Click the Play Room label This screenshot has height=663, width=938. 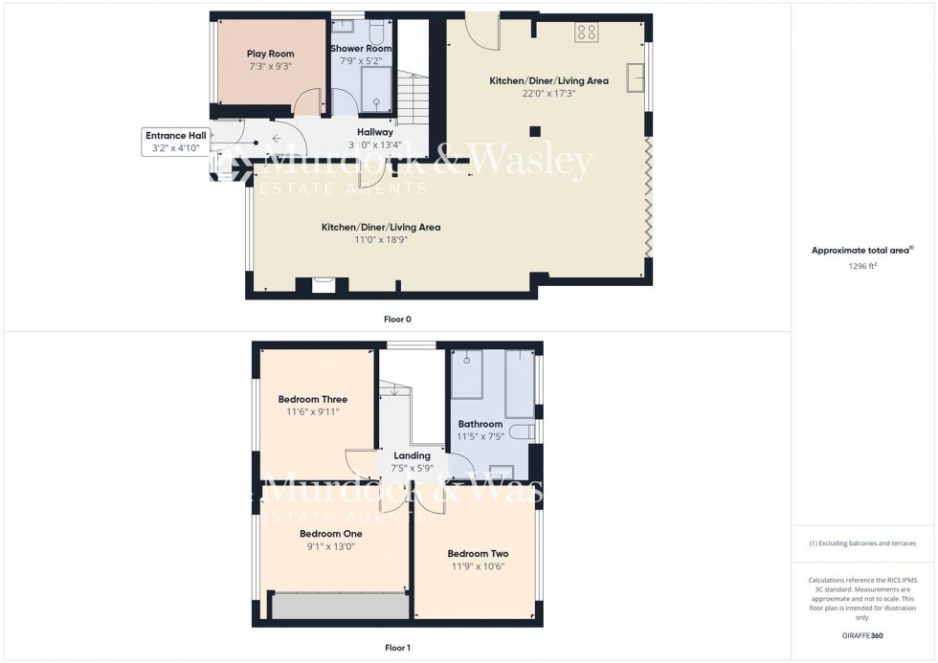[271, 54]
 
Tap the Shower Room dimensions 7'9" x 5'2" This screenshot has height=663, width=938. [361, 61]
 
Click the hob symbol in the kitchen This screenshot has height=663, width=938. [586, 33]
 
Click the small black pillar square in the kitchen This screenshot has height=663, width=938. [535, 131]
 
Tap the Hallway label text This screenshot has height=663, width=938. [375, 132]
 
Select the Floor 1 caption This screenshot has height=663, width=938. [397, 648]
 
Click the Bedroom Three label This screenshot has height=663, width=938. [313, 399]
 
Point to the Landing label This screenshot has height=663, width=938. [412, 455]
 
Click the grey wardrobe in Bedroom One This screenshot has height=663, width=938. [340, 607]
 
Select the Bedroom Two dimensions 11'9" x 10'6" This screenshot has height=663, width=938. [477, 566]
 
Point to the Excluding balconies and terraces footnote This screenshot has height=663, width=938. [862, 543]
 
